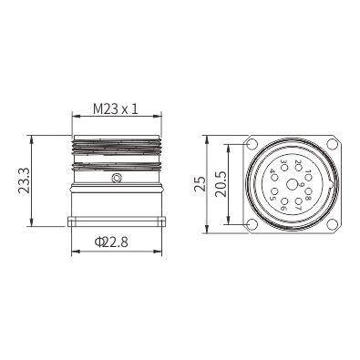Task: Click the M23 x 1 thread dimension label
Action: [x=116, y=108]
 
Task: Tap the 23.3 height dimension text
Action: [x=24, y=180]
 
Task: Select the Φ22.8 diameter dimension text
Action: [x=111, y=242]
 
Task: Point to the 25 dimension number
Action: [x=200, y=183]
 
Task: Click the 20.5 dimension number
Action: [x=221, y=184]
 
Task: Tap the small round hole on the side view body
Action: [x=117, y=178]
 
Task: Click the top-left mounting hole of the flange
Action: [x=252, y=145]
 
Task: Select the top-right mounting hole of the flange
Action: [x=332, y=145]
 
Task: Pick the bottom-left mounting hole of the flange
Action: [x=252, y=224]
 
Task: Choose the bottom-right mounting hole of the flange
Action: [x=332, y=224]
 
